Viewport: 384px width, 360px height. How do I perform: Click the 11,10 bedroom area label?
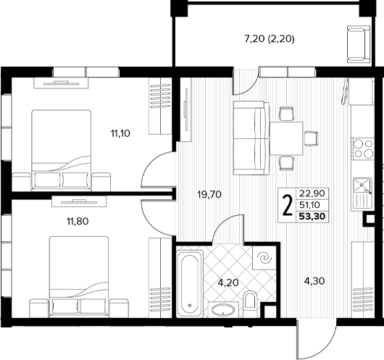coord(120,134)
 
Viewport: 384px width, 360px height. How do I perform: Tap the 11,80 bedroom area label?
coord(78,222)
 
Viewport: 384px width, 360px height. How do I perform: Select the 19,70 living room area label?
coord(209,195)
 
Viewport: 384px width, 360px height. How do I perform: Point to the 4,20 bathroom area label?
coord(228,282)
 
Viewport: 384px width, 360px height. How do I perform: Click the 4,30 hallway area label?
coord(314,281)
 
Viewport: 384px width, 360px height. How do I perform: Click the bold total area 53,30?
coord(312,217)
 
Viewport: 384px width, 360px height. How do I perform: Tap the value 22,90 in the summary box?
coord(312,193)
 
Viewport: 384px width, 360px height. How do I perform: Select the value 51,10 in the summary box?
coord(310,204)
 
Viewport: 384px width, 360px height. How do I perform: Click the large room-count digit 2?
coord(288,205)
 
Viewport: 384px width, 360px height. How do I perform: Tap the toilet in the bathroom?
coord(250,302)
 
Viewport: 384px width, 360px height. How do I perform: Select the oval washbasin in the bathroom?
coord(223,311)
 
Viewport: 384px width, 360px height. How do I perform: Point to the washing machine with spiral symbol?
coord(264,258)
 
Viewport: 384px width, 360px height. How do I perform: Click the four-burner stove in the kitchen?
coord(363,148)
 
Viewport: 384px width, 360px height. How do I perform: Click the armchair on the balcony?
coord(359,44)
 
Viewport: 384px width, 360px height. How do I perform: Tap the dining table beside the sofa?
coord(286,138)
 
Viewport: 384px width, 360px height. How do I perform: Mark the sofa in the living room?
coord(251,138)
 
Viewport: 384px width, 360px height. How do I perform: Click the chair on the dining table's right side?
coord(311,138)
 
